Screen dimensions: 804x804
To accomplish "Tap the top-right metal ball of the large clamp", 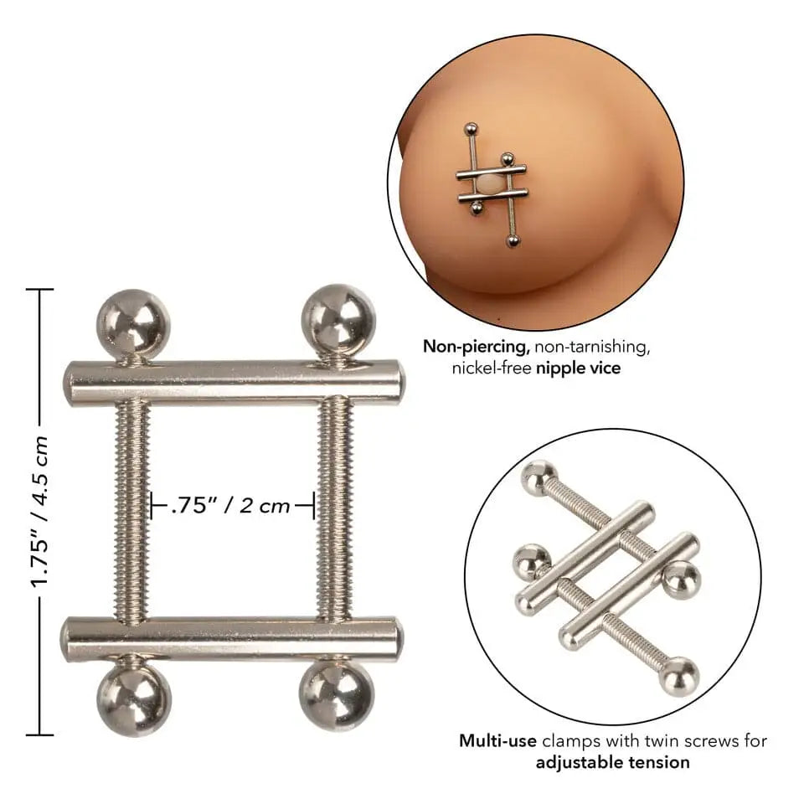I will pyautogui.click(x=338, y=321).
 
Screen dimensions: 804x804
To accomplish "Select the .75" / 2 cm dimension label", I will pyautogui.click(x=231, y=505).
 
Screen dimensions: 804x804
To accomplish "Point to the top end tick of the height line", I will pyautogui.click(x=39, y=290).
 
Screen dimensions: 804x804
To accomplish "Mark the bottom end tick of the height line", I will pyautogui.click(x=39, y=735).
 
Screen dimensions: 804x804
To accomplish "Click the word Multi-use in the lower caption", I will pyautogui.click(x=496, y=740).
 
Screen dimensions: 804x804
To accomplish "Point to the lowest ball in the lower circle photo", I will pyautogui.click(x=679, y=677).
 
